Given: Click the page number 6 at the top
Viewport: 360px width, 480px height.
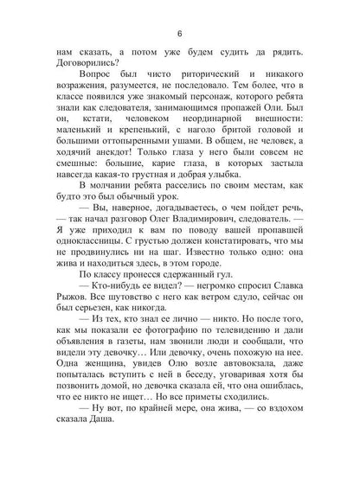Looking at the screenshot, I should pos(179,34).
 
